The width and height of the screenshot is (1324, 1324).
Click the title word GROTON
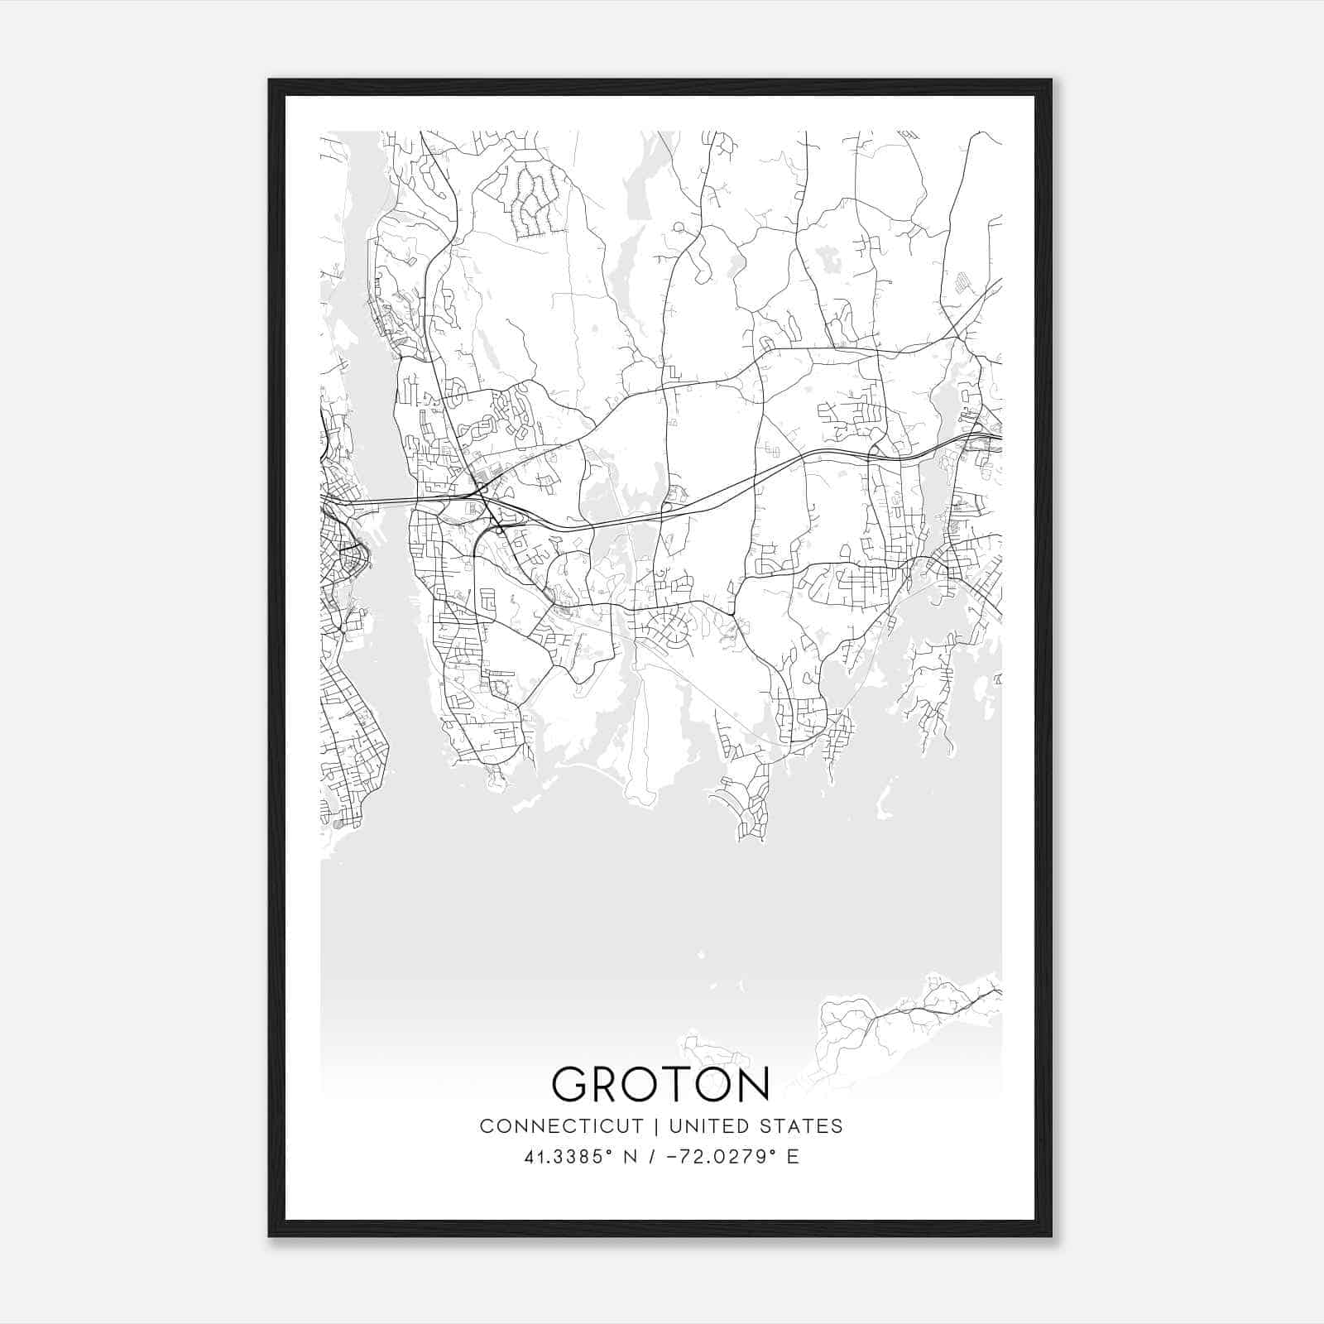(660, 1084)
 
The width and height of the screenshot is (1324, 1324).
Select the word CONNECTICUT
(562, 1126)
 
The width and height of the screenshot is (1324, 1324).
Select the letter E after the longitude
(793, 1157)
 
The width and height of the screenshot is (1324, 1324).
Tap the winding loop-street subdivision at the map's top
(529, 198)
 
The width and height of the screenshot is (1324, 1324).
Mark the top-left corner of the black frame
(270, 80)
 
